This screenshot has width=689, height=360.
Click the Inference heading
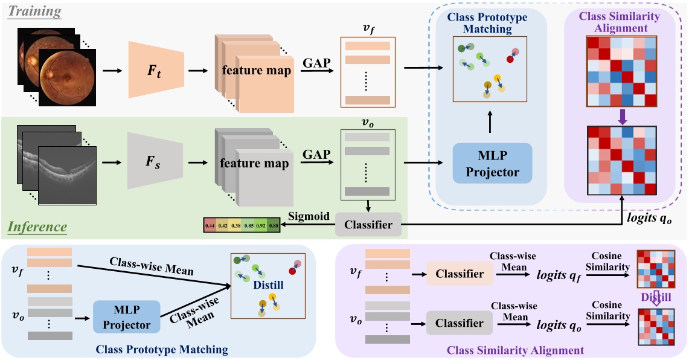(37, 227)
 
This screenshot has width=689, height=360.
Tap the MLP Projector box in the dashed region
(493, 164)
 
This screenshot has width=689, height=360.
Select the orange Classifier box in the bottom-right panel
(459, 274)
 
